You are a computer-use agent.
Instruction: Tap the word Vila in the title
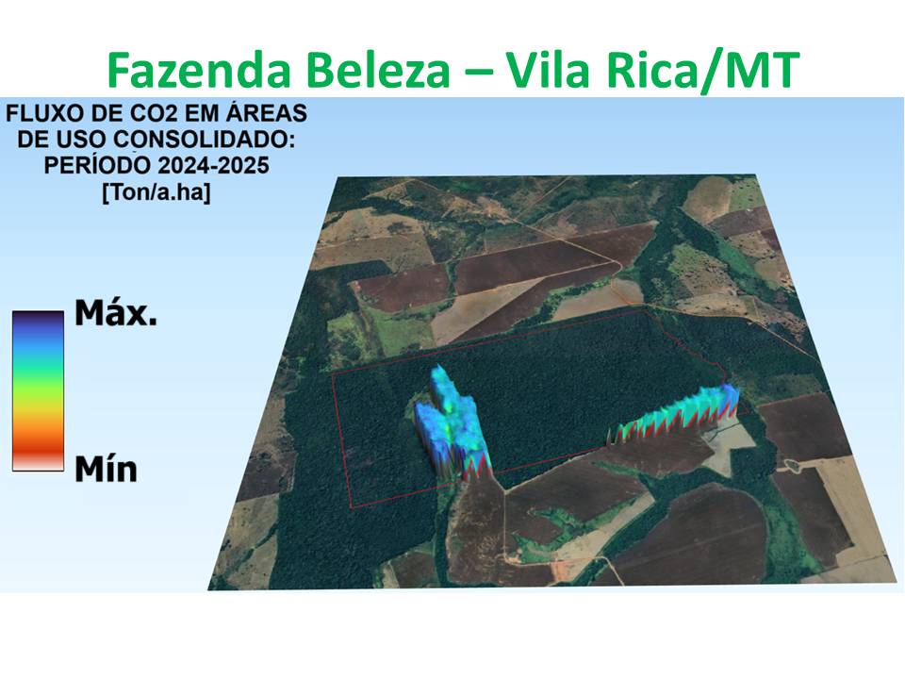(556, 70)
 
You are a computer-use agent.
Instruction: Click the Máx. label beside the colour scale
(116, 314)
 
